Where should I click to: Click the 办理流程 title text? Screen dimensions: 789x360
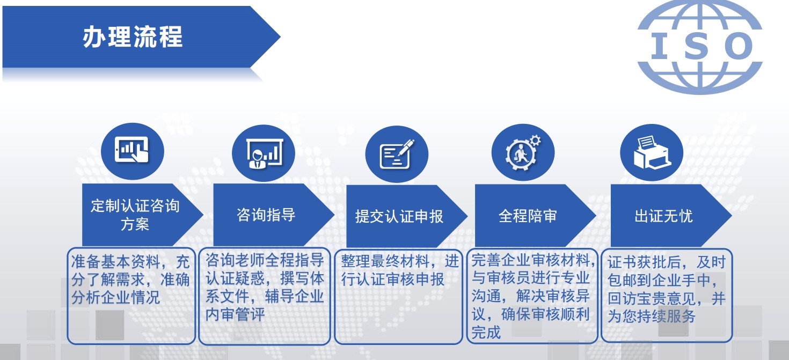tap(133, 36)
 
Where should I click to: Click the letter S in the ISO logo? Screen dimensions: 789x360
tap(696, 46)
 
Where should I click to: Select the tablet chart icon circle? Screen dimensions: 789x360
tap(133, 151)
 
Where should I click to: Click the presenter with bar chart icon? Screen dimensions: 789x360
tap(264, 153)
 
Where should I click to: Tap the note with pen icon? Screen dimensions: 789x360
tap(397, 155)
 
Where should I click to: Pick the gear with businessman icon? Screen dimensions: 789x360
tap(523, 152)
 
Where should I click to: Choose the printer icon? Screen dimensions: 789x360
tap(652, 152)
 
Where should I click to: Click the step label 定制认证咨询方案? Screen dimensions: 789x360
tap(135, 215)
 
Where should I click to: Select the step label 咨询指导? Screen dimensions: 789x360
tap(266, 215)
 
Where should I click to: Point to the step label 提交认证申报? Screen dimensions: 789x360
tap(399, 216)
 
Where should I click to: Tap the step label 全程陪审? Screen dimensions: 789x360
tap(528, 216)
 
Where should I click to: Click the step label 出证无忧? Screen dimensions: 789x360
tap(663, 216)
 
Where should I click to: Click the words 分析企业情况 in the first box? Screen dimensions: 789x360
tap(116, 298)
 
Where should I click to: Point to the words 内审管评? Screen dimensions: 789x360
tap(235, 314)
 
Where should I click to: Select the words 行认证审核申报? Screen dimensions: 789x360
tap(392, 280)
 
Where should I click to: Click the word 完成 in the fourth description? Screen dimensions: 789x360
tap(486, 332)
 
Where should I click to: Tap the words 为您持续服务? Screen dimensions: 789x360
tap(652, 316)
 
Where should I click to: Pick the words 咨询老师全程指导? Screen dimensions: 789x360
tap(265, 260)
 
